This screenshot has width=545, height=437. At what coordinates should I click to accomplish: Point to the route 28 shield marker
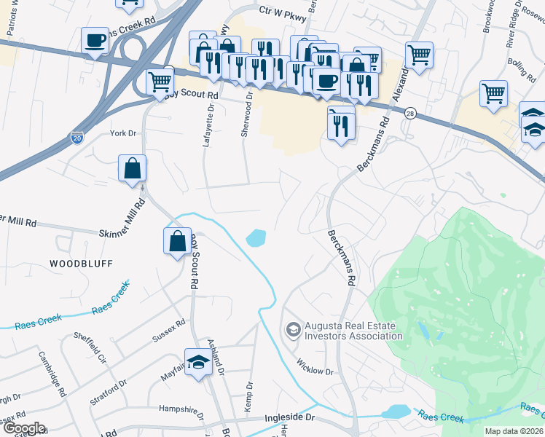(412, 114)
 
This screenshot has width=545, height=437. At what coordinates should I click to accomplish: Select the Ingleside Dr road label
(289, 418)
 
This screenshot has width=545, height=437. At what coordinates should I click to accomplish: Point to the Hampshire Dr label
(181, 409)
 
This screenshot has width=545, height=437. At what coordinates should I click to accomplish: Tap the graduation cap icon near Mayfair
(198, 363)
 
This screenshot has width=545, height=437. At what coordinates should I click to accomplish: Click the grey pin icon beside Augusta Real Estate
(293, 331)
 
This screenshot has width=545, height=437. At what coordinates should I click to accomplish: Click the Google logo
(23, 428)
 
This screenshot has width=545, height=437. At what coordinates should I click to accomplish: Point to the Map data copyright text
(514, 431)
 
